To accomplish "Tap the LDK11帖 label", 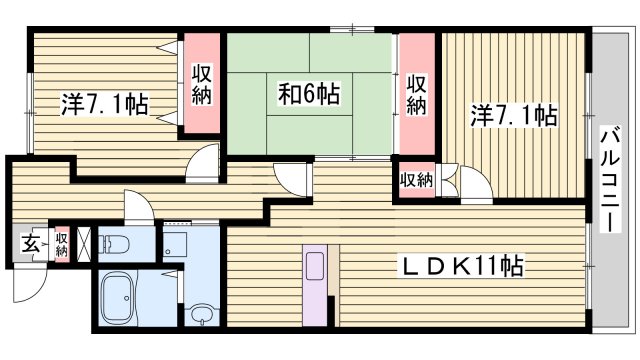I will (462, 266).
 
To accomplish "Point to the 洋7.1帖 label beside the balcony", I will (514, 116).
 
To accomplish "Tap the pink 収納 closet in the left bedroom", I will (200, 86).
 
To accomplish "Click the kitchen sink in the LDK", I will (315, 268).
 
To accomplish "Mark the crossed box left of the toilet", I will (86, 243).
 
